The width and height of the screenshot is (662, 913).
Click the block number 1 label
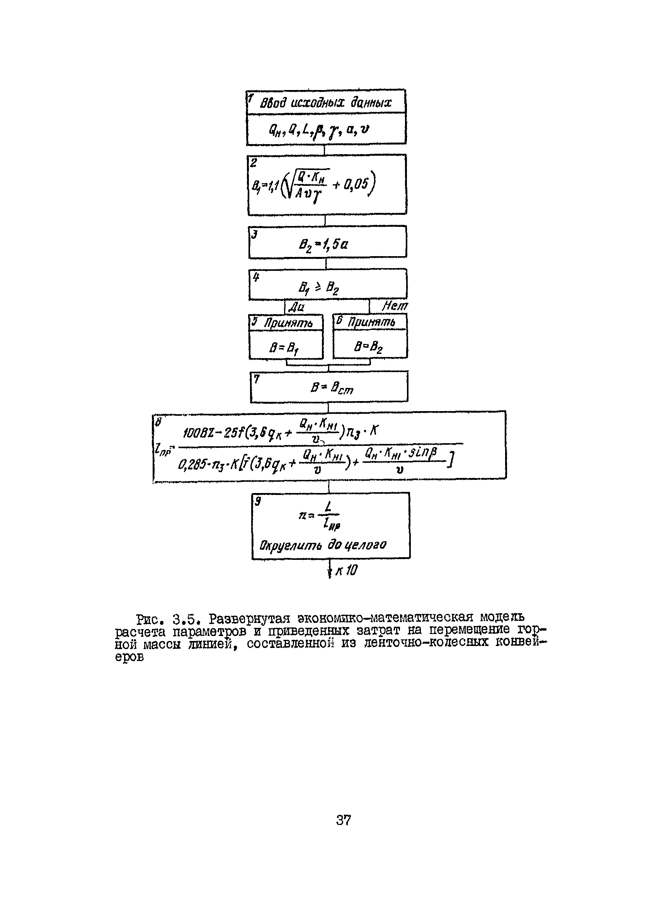(250, 97)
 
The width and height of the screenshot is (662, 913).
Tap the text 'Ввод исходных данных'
(325, 103)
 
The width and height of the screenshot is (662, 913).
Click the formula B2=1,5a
(323, 244)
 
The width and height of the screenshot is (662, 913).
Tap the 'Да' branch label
(296, 308)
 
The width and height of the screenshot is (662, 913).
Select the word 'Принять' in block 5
(288, 323)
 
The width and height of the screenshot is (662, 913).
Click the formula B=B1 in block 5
(284, 347)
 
